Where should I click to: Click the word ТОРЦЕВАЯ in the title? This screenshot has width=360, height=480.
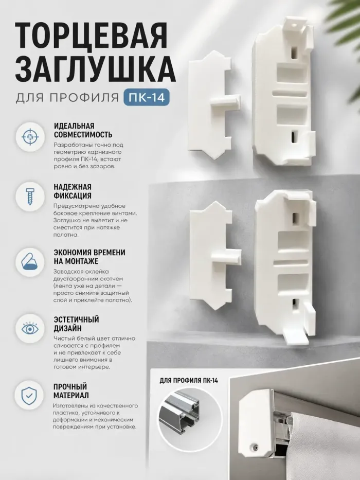(91, 35)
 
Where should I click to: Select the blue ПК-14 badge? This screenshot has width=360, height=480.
(147, 97)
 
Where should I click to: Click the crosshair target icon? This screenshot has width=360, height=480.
(30, 136)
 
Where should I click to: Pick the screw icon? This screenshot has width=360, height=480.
(30, 197)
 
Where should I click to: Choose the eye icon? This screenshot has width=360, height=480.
(30, 328)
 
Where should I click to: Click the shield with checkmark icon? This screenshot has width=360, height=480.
(30, 395)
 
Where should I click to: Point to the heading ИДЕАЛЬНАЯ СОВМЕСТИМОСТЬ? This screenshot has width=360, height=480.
(83, 130)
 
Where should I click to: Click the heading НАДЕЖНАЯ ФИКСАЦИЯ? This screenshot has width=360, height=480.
(73, 191)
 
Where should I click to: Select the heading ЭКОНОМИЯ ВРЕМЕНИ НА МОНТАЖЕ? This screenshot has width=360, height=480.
(89, 257)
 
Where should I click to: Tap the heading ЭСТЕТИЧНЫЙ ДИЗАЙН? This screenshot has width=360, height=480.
(76, 324)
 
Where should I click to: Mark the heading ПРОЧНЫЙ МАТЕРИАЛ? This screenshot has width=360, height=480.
(71, 390)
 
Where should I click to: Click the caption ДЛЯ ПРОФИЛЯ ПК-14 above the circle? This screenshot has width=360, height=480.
(189, 381)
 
